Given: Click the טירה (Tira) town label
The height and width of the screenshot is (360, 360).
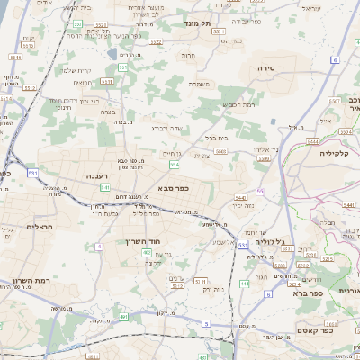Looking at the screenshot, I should click(266, 68).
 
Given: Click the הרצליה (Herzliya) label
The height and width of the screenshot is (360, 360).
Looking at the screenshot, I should click(40, 227).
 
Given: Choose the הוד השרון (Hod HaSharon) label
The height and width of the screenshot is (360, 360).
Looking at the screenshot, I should click(143, 242).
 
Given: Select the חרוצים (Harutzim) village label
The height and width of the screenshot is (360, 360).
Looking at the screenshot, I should click(83, 83).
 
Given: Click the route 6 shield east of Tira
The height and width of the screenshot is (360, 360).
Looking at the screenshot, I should click(333, 60).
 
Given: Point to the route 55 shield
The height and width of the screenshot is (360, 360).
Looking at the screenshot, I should click(260, 192).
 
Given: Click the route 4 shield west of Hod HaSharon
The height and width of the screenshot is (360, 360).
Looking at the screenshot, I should click(98, 246).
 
